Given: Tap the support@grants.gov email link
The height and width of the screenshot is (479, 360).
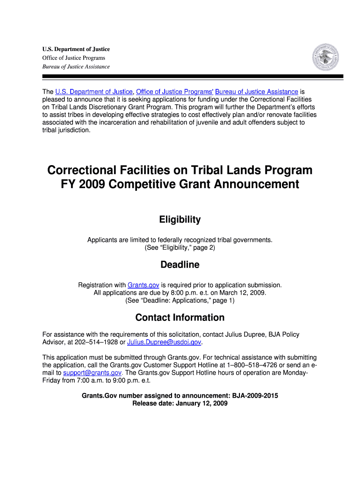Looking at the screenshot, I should click(93, 373).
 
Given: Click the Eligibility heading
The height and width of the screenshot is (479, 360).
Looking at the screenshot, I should click(180, 219).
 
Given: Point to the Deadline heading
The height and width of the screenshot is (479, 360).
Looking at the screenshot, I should click(180, 265).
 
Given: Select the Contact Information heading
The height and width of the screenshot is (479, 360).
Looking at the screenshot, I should click(180, 318).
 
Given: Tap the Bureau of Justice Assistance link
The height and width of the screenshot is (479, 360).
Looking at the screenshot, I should click(256, 92).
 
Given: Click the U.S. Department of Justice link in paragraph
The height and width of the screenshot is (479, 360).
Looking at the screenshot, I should click(94, 92).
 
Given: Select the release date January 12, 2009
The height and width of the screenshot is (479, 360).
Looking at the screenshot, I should click(202, 403).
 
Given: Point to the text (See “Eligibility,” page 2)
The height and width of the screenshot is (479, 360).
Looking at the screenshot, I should click(180, 247).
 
